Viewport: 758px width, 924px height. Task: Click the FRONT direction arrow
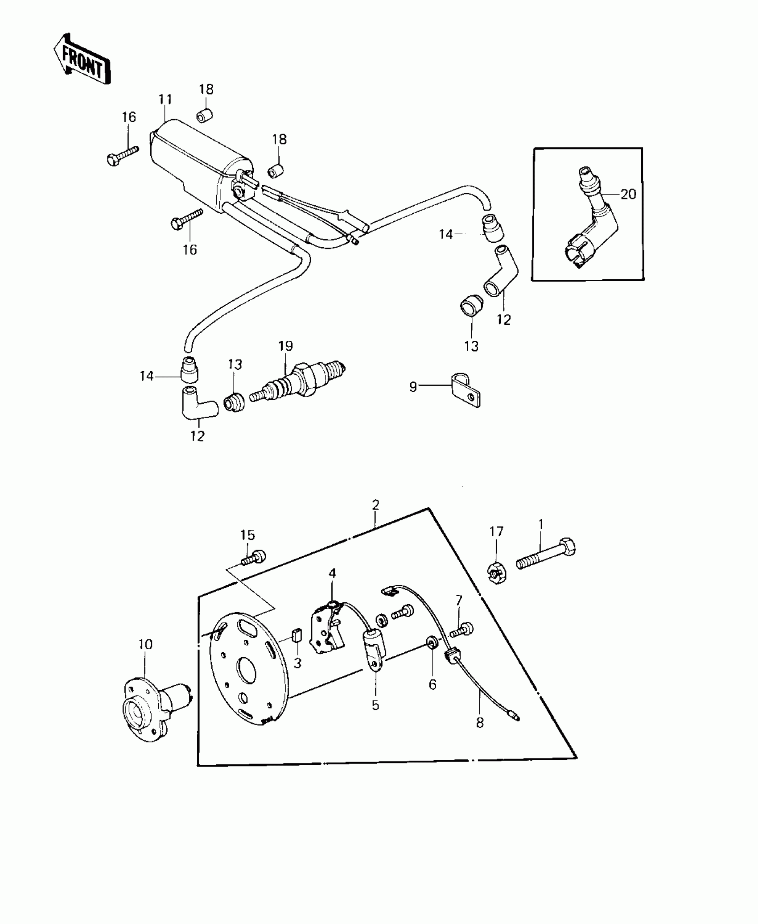tap(82, 60)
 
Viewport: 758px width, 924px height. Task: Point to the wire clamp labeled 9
tap(464, 389)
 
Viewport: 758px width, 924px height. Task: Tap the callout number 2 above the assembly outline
tap(375, 505)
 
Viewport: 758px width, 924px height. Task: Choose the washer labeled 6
tap(432, 643)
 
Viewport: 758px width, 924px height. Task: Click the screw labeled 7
tap(462, 630)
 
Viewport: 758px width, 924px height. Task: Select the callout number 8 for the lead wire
tap(480, 722)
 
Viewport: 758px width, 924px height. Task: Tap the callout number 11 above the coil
tap(165, 99)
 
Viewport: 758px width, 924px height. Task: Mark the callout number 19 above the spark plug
tap(285, 346)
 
